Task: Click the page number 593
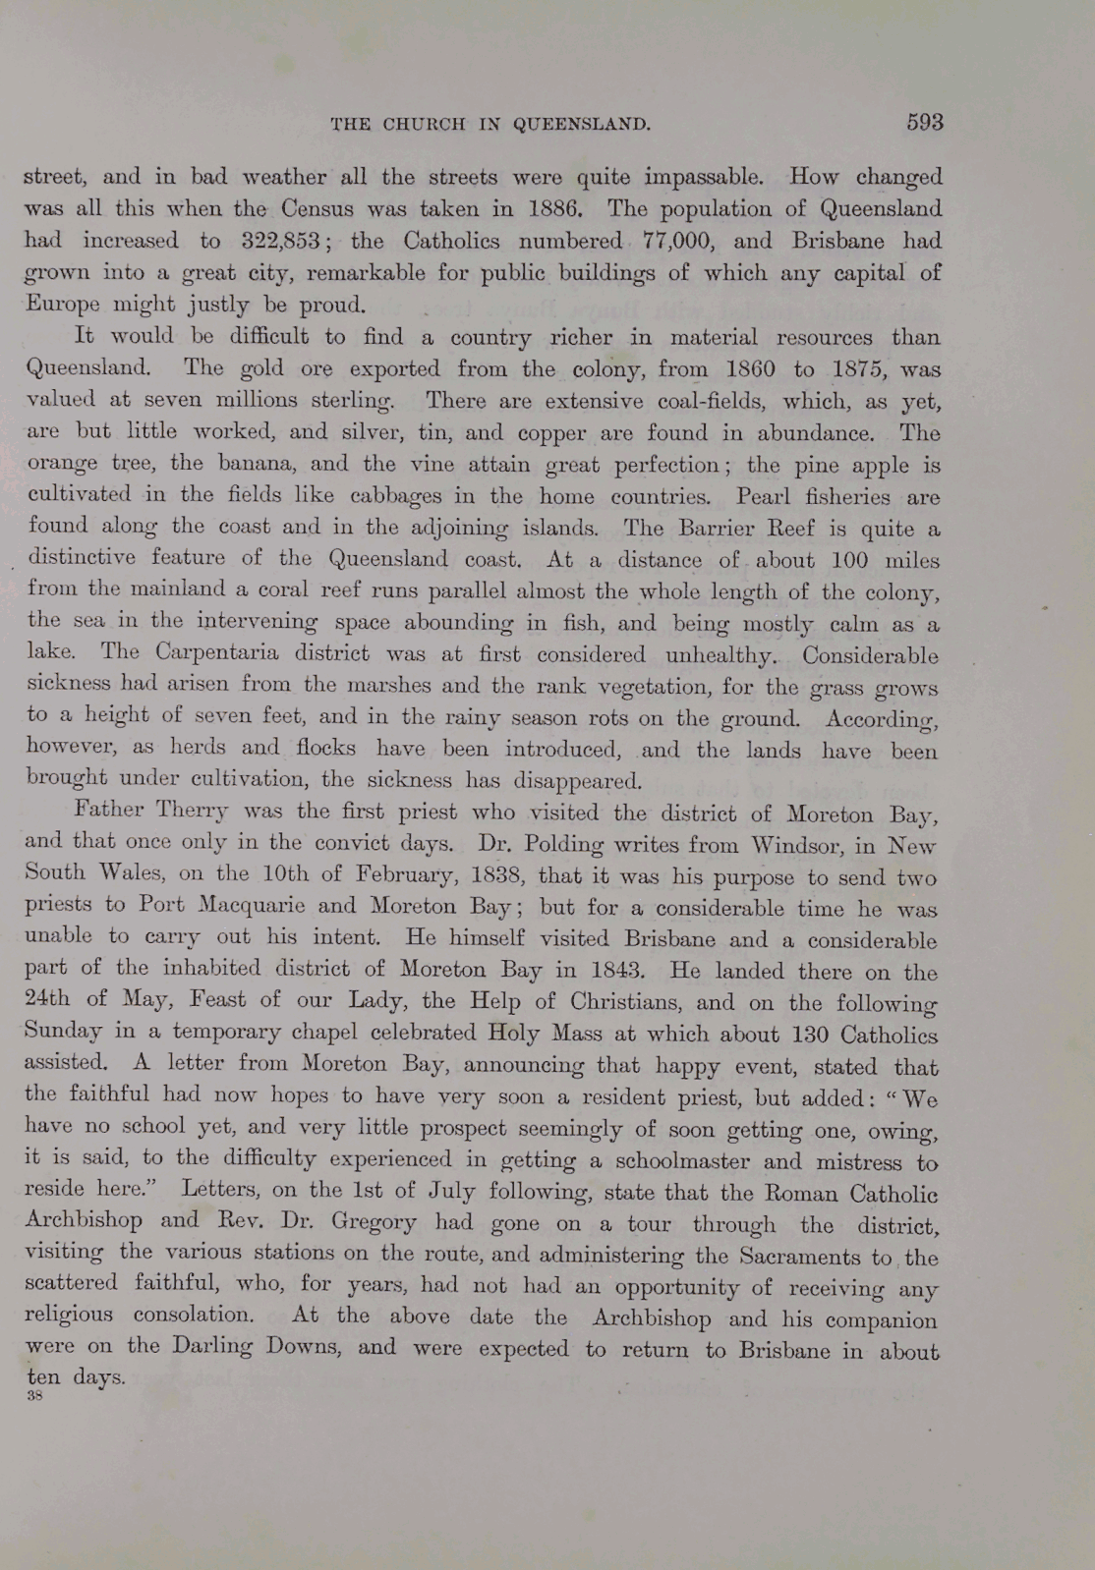pyautogui.click(x=924, y=122)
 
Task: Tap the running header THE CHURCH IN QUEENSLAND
pyautogui.click(x=490, y=124)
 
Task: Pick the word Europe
pyautogui.click(x=62, y=304)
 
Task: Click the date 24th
pyautogui.click(x=48, y=1000)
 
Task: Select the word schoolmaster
pyautogui.click(x=689, y=1160)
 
